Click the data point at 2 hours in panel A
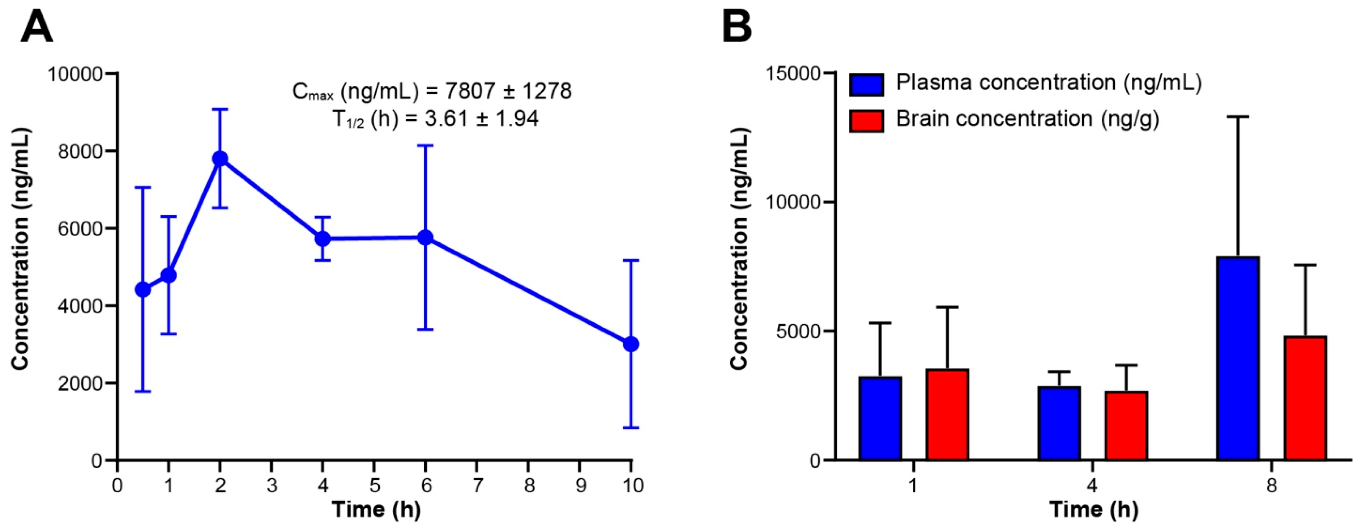[220, 159]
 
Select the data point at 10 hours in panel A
[631, 344]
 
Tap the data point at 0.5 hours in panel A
[143, 289]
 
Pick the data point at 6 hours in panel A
[425, 238]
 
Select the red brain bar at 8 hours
[1305, 398]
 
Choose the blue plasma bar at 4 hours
[1059, 423]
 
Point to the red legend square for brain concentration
[866, 121]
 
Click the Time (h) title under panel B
[1093, 510]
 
